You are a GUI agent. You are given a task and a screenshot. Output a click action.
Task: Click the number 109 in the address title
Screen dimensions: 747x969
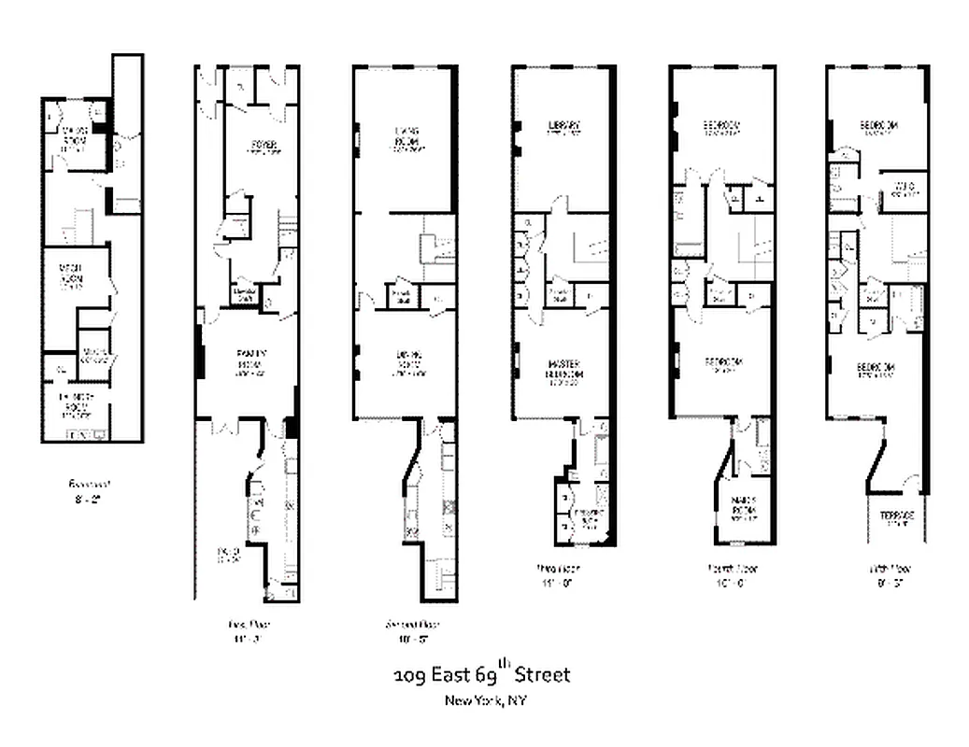tap(408, 675)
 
